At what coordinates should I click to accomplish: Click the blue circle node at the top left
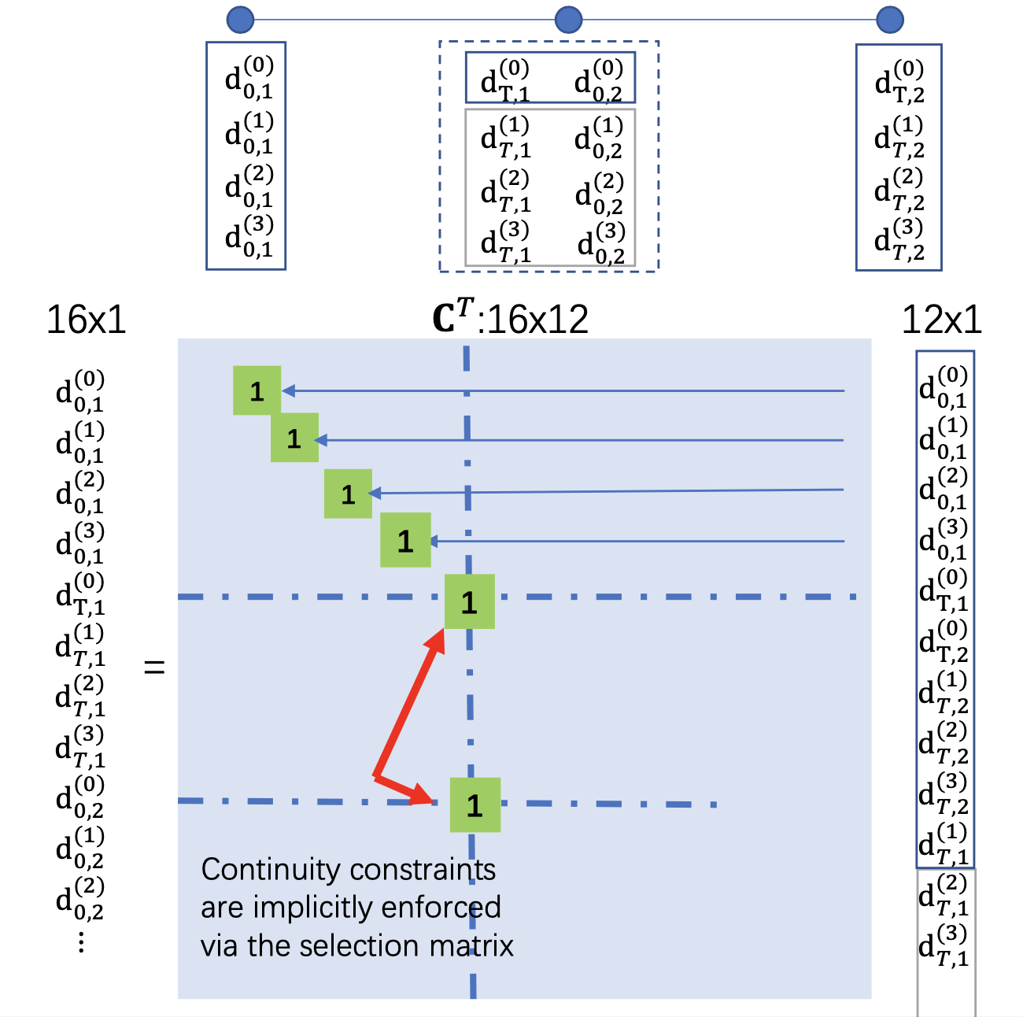(x=240, y=20)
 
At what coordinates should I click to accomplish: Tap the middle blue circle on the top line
(x=568, y=20)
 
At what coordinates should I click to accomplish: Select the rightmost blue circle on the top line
(x=890, y=20)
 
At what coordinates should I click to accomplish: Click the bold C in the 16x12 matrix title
(x=445, y=319)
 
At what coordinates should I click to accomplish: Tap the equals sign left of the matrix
(x=154, y=668)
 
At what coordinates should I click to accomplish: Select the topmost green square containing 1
(x=257, y=390)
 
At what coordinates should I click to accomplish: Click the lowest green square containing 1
(x=475, y=804)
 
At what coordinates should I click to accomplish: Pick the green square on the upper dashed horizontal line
(x=469, y=601)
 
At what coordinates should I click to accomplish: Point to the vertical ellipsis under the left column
(x=81, y=942)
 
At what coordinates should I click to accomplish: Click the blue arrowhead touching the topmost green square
(x=288, y=390)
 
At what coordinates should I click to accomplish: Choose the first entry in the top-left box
(x=249, y=78)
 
